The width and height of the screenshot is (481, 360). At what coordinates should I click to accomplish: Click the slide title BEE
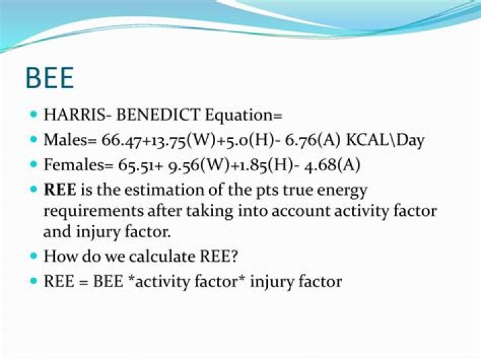click(x=49, y=78)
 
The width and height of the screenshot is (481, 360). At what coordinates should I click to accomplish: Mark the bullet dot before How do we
click(x=34, y=256)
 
